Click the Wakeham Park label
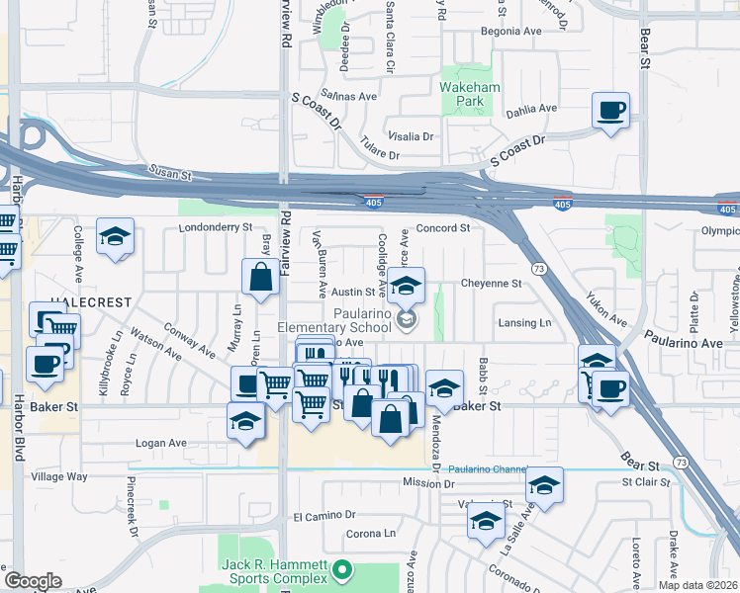(x=470, y=95)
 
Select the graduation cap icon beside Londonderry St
(x=116, y=237)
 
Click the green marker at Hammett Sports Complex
(x=342, y=569)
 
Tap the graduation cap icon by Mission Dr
(x=543, y=485)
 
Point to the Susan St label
(x=169, y=173)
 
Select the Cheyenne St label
(x=491, y=283)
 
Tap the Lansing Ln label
(x=524, y=323)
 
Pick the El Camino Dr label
(x=324, y=516)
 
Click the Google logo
(x=33, y=581)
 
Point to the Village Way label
(x=59, y=476)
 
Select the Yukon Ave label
(x=605, y=309)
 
